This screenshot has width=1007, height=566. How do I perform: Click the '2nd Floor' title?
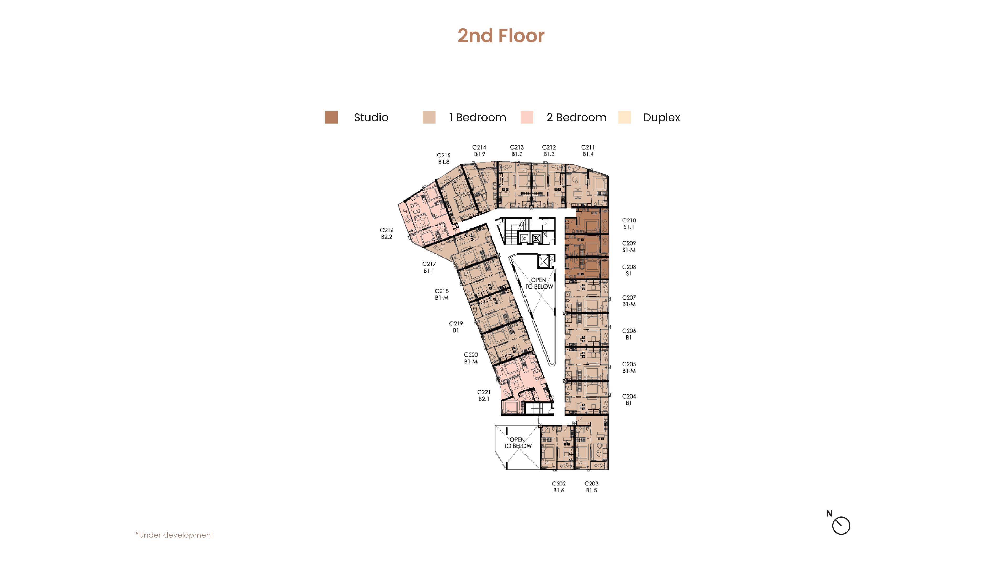pos(501,36)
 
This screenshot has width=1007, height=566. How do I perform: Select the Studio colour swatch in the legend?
pos(331,117)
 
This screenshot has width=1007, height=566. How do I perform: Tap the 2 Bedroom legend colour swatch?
pos(527,117)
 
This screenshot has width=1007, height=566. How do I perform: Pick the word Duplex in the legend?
pos(661,118)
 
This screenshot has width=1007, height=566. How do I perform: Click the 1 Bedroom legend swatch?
pos(429,117)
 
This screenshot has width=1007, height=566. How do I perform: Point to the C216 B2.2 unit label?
pos(386,233)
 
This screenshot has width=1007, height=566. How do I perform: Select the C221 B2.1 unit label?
pos(484,395)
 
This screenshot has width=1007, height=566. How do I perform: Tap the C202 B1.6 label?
pos(559,487)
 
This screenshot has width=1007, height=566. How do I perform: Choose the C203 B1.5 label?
pos(591,487)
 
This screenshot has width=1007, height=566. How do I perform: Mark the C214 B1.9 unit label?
pos(479,150)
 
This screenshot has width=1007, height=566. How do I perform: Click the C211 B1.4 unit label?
pos(588,150)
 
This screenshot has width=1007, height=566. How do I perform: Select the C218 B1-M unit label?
pos(442,294)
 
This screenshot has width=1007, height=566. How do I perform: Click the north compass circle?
pos(841,525)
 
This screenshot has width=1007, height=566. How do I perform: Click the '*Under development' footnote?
pos(174,535)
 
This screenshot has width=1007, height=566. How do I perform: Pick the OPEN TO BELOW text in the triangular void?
pos(539,283)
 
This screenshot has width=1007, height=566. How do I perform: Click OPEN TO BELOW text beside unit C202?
pos(518,443)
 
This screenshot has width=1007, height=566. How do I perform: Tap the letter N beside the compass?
pos(829,513)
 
